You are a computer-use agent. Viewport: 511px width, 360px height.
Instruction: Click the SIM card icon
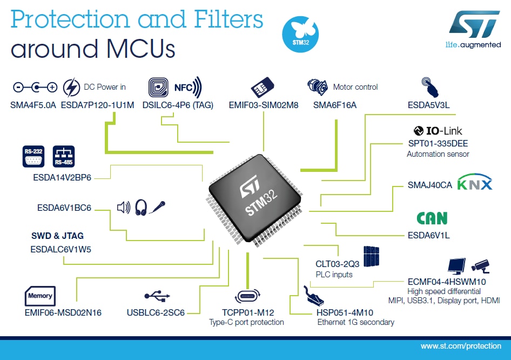point(263,87)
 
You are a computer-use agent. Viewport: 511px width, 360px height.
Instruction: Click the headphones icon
point(142,207)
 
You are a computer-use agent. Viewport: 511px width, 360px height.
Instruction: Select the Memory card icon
point(41,296)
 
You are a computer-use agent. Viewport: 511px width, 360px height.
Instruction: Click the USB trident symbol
point(158,296)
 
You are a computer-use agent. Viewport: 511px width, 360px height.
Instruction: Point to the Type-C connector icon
point(248,296)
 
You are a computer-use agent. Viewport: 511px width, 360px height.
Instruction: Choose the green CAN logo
point(432,218)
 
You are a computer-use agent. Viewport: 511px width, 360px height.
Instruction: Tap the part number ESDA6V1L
point(429,235)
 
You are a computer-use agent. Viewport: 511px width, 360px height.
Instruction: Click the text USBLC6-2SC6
point(156,312)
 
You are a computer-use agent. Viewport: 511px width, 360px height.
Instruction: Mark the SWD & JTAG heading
point(57,236)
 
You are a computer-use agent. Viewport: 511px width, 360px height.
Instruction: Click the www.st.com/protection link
point(461,346)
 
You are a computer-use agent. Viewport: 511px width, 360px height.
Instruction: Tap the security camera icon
point(480,265)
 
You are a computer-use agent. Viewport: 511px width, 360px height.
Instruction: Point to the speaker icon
point(124,207)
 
